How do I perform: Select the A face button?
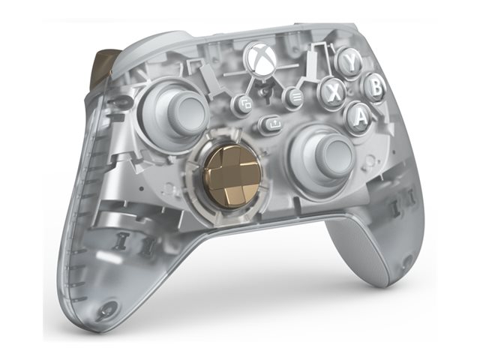point(359,116)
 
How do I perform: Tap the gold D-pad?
point(233,178)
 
